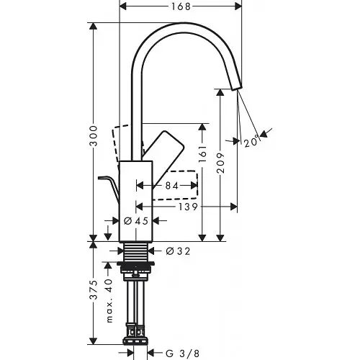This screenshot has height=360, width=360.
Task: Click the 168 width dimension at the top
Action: (x=179, y=8)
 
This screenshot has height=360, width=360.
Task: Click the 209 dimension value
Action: (x=222, y=166)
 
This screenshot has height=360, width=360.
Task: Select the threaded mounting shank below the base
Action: (x=135, y=253)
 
